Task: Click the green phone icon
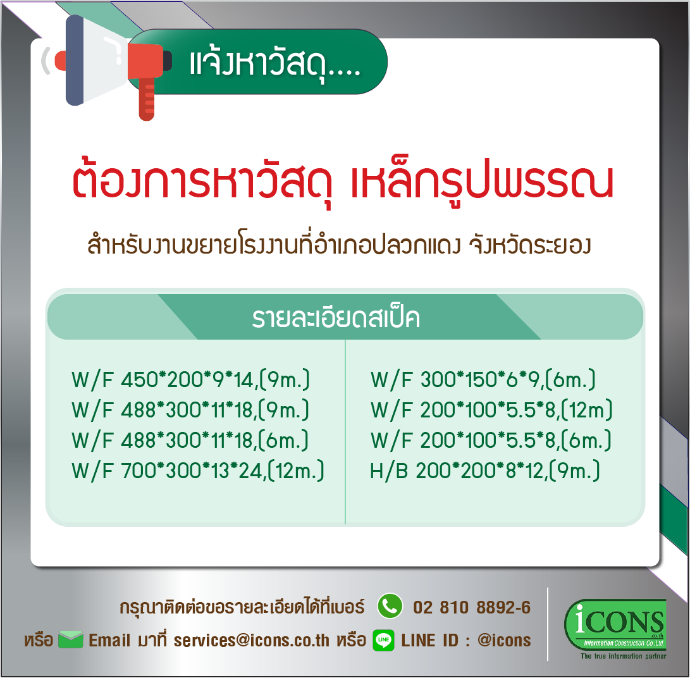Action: [x=390, y=607]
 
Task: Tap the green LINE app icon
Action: [x=383, y=640]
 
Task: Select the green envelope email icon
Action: [x=70, y=639]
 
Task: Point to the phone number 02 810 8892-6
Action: [x=472, y=607]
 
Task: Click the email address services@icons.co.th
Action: [x=251, y=641]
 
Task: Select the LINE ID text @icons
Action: [x=504, y=641]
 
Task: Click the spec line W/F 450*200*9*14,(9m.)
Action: [x=190, y=379]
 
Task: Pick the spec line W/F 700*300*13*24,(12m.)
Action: [x=197, y=471]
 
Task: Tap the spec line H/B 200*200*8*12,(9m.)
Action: [x=484, y=471]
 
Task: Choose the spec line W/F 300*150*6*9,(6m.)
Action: [x=483, y=379]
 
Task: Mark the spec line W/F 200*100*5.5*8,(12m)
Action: [x=491, y=410]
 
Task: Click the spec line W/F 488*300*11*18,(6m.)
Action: [x=190, y=440]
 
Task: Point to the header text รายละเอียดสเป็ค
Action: [x=336, y=317]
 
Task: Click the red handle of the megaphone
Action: [x=147, y=99]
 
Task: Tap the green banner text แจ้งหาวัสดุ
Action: [x=275, y=65]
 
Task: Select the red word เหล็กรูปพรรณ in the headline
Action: [x=481, y=182]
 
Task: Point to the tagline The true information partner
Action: [x=623, y=656]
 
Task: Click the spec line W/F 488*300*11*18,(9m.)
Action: [x=190, y=410]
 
